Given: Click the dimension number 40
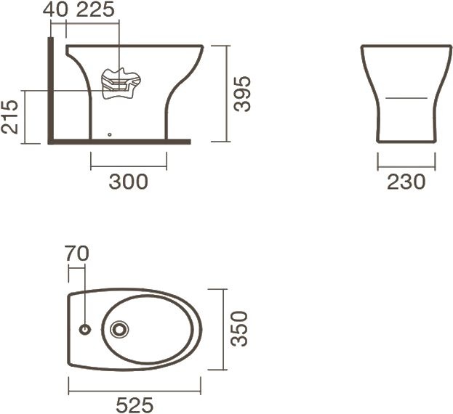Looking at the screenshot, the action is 55,9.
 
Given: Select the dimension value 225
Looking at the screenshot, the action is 95,9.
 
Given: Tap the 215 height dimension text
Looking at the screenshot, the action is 10,117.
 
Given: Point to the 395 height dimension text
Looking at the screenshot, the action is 242,94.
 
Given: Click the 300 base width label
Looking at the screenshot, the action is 128,182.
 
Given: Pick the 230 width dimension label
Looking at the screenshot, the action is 406,182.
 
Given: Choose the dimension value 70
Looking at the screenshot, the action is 76,253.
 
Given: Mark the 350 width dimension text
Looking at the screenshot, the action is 239,329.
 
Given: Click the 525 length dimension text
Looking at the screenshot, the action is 135,405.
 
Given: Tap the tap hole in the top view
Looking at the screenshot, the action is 85,329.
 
